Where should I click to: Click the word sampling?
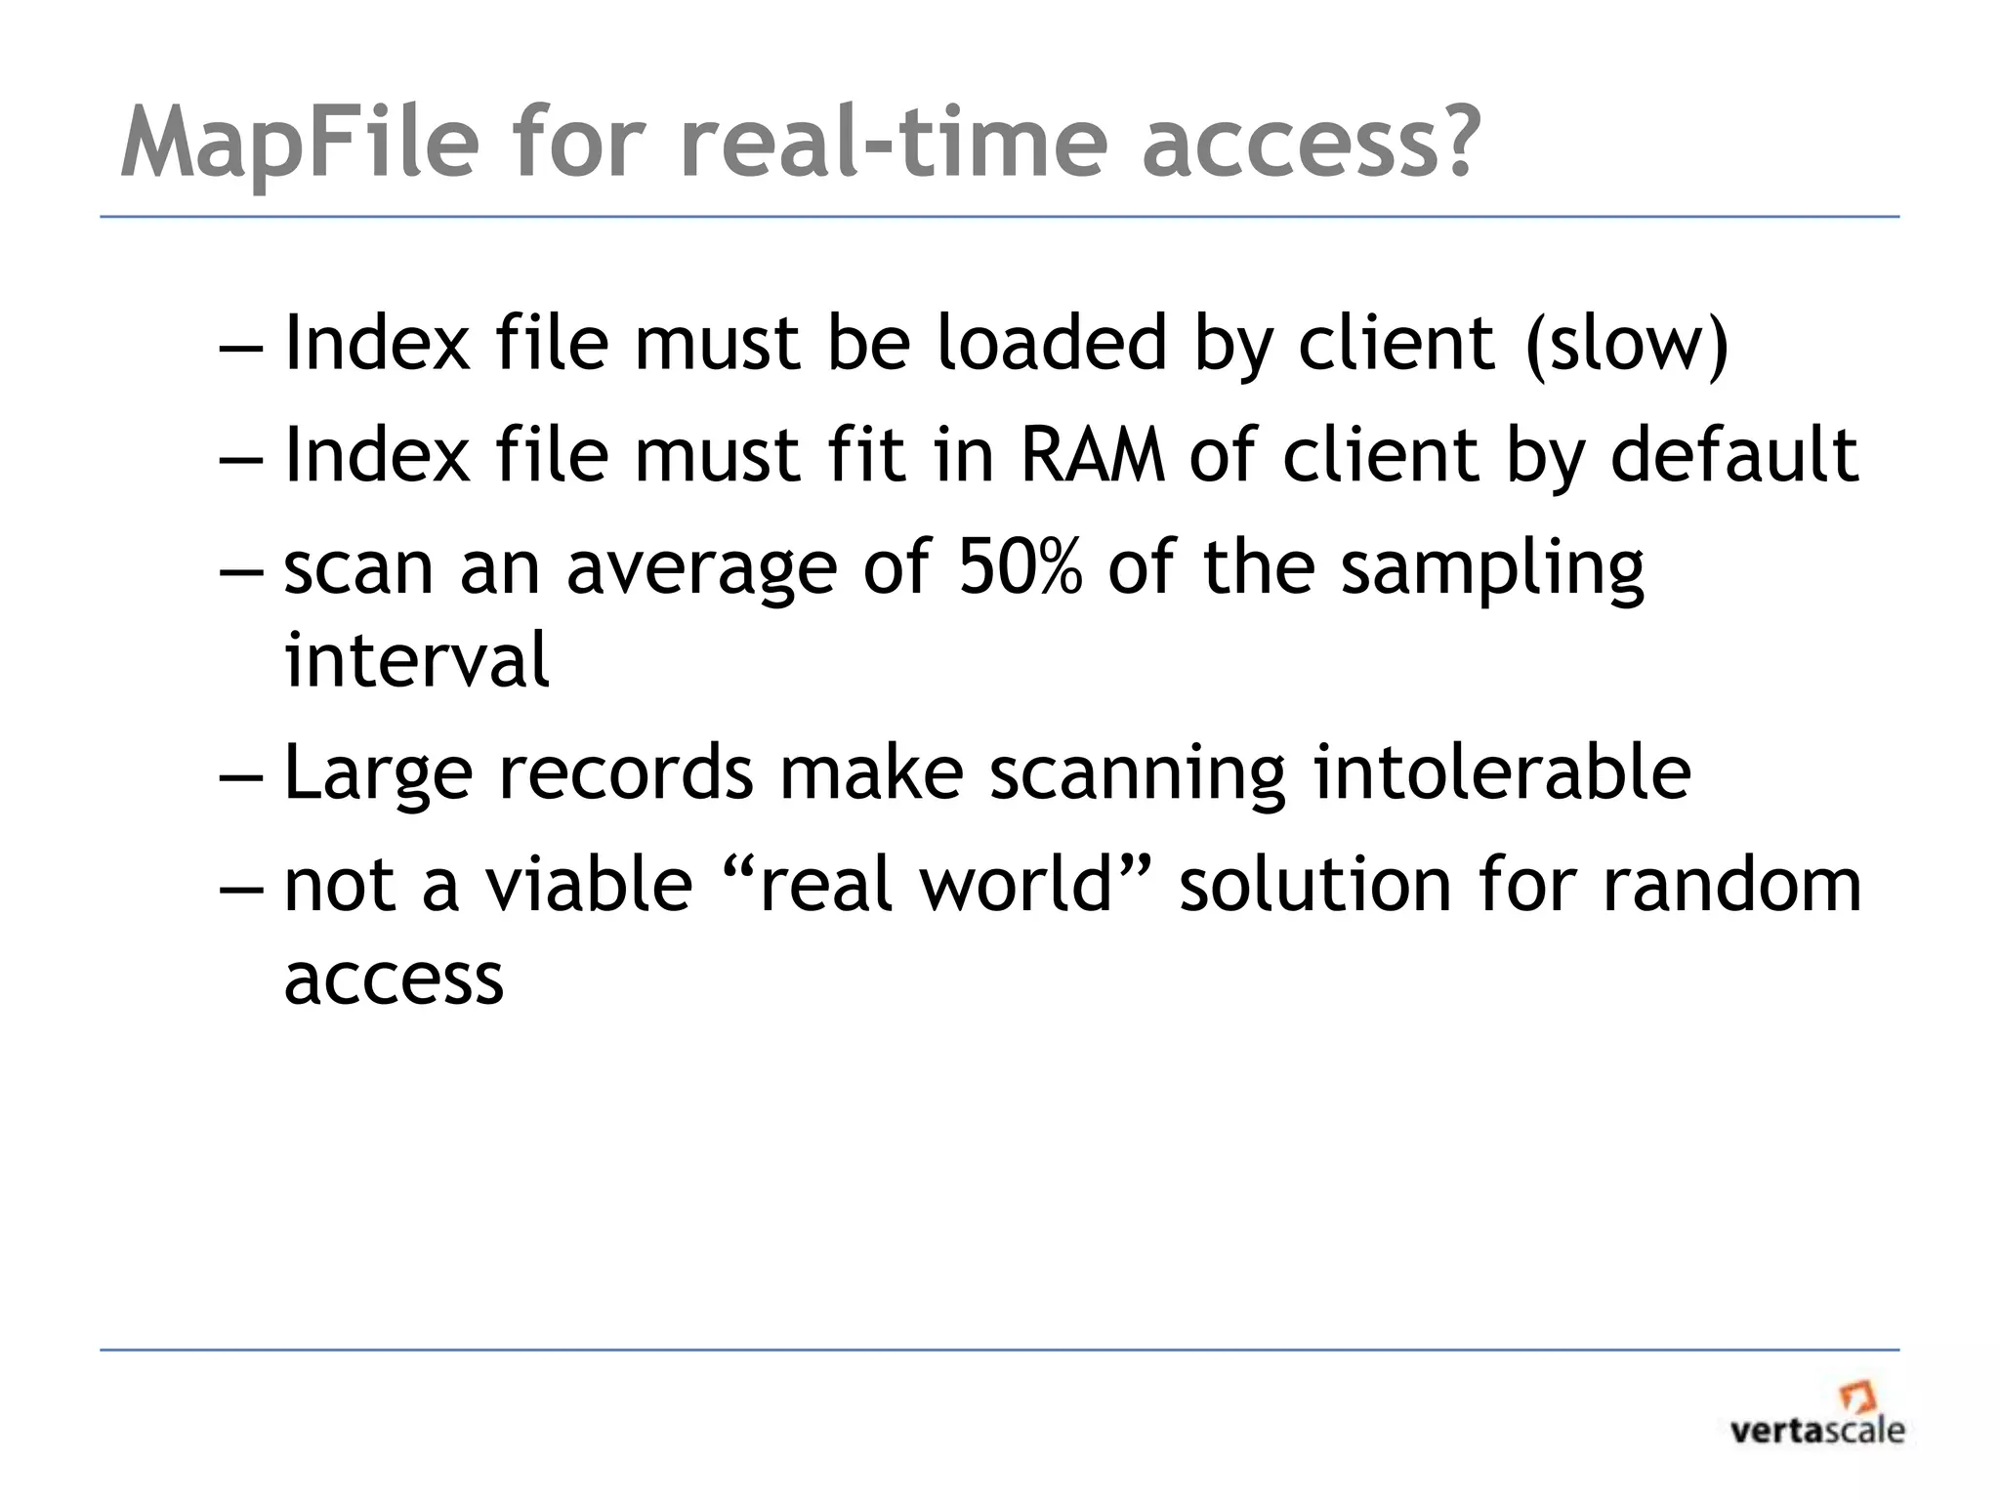pos(1492,571)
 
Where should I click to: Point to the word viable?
pos(589,884)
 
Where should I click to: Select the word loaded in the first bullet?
pos(1051,344)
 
